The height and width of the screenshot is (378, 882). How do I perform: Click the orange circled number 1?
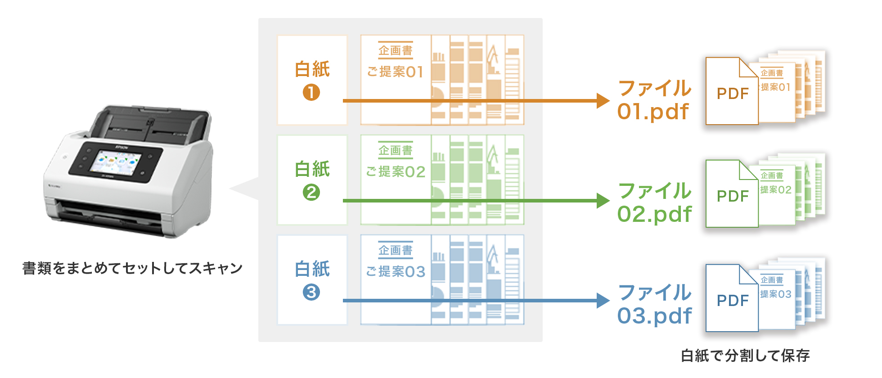311,93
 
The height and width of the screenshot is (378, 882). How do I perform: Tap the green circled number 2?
311,193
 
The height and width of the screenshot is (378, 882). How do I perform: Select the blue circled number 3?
311,292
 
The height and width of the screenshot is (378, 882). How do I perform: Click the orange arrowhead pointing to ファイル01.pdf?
603,101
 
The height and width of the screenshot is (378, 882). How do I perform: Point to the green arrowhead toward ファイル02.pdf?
603,201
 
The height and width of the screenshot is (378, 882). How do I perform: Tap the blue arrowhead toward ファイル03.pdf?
603,301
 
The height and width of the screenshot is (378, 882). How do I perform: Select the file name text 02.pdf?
654,214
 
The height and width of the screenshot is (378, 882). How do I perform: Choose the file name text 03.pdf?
654,316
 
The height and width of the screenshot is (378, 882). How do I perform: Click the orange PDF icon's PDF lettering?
733,94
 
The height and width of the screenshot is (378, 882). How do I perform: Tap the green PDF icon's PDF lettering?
733,197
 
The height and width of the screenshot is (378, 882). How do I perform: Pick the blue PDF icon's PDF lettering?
733,301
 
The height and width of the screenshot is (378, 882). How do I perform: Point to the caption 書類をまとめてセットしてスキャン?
133,269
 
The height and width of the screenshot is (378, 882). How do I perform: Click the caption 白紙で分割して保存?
745,356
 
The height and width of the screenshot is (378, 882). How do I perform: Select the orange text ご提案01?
395,72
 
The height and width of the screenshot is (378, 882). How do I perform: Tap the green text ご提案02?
395,172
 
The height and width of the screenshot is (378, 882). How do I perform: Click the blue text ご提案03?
395,272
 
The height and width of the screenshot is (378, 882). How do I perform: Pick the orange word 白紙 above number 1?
312,69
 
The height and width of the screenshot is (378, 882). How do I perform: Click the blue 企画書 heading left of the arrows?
395,250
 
